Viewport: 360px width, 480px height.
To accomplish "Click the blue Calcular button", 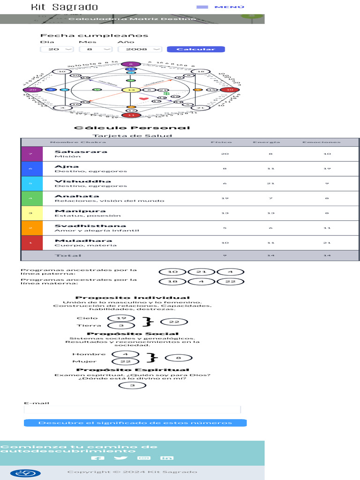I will tap(195, 49).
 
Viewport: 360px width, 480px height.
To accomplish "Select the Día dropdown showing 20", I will tap(57, 49).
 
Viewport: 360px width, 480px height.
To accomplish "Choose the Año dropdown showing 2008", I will tap(140, 49).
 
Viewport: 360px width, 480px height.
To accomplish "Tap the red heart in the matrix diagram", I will tap(143, 99).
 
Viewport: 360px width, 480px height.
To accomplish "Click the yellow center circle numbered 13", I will tap(131, 90).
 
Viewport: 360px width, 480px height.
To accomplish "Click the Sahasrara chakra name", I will tap(74, 152).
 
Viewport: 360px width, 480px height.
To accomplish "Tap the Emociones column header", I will tap(321, 142).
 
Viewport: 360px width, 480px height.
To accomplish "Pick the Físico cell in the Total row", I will tap(225, 255).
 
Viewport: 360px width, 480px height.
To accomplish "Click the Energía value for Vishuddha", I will tap(270, 183).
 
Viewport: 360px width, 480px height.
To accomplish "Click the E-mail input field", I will tap(132, 410).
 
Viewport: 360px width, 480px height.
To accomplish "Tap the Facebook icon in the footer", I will tap(97, 458).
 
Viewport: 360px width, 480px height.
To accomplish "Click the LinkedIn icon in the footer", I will tap(167, 458).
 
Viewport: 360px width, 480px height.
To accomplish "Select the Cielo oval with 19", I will tap(121, 318).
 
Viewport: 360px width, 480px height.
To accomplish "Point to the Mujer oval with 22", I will tap(125, 361).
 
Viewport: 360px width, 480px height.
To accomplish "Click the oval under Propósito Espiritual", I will tap(133, 385).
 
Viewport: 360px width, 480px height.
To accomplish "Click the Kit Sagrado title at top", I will tap(64, 7).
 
